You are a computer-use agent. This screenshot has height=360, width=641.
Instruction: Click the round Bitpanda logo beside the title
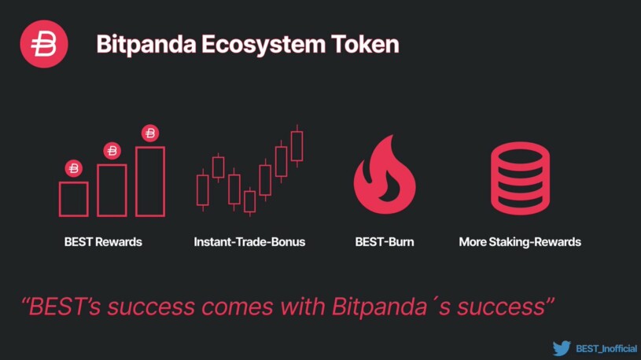click(x=44, y=44)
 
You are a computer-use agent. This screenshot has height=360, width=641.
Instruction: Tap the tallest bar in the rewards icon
click(x=150, y=182)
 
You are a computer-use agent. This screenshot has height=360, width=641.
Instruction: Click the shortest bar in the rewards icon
click(x=73, y=198)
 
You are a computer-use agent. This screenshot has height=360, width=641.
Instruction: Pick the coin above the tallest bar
click(x=150, y=133)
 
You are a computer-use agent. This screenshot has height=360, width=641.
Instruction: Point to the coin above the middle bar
click(x=112, y=150)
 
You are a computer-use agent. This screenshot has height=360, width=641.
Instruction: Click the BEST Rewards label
click(x=103, y=242)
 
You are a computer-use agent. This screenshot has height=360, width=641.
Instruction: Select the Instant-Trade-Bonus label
click(x=249, y=242)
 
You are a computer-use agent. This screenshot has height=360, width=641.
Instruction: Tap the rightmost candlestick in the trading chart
click(x=297, y=145)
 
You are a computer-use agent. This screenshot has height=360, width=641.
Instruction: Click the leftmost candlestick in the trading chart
click(x=203, y=189)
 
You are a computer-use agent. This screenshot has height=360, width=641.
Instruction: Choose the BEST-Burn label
click(x=384, y=242)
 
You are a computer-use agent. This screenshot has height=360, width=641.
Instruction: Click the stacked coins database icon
click(x=519, y=178)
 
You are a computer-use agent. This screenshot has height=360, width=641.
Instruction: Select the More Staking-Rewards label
click(x=519, y=242)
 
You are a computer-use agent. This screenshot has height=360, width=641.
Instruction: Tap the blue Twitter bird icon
click(x=561, y=347)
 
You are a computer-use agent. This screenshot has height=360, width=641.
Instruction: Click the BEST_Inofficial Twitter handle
click(x=606, y=348)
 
